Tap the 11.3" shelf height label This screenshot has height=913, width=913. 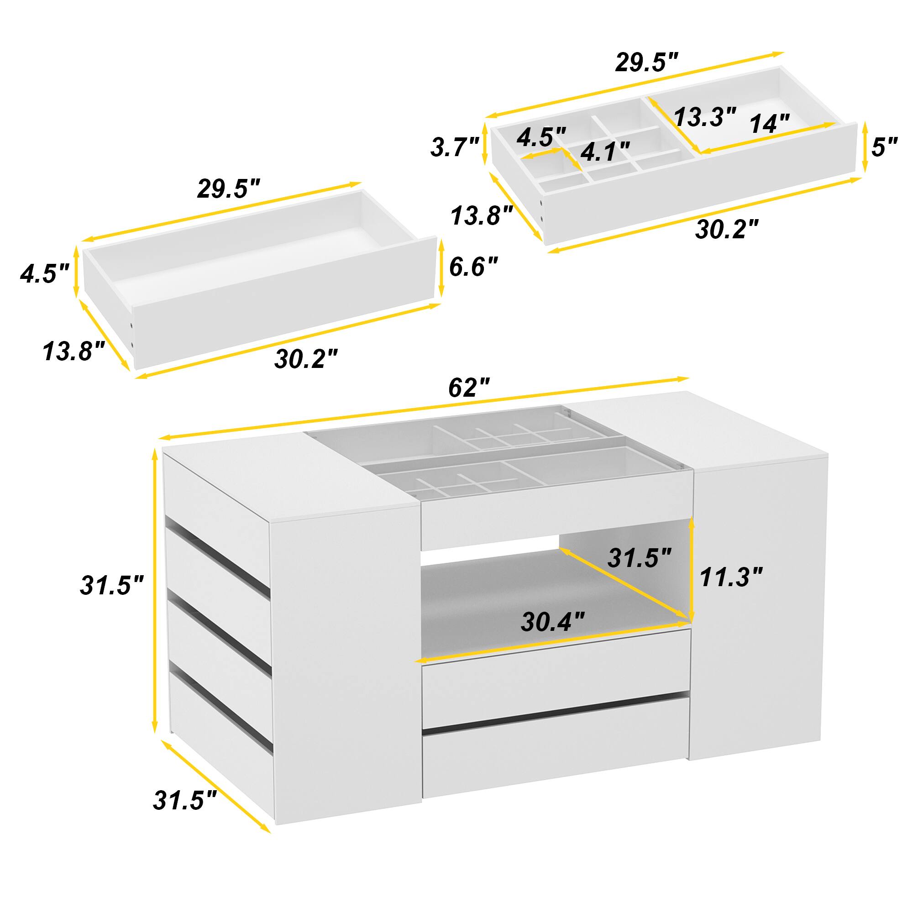pyautogui.click(x=731, y=577)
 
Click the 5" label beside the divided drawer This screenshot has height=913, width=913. pyautogui.click(x=884, y=147)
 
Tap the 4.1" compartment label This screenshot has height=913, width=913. pyautogui.click(x=605, y=151)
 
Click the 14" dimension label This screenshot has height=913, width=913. pyautogui.click(x=769, y=124)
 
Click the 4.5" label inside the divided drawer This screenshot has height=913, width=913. pyautogui.click(x=541, y=137)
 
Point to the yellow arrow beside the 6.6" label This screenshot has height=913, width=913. pyautogui.click(x=441, y=268)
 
